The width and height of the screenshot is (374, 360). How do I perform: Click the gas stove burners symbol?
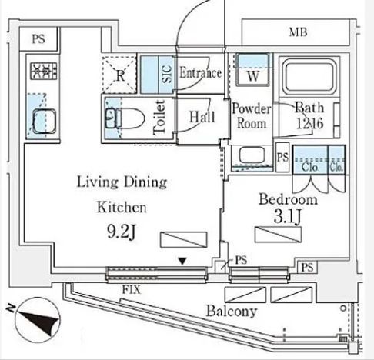coord(44,71)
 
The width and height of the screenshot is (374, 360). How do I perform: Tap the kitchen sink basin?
coord(44,122)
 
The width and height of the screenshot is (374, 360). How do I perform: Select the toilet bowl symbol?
coord(125,118)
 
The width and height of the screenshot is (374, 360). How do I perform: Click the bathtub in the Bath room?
coord(309,76)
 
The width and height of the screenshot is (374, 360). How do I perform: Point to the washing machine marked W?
coord(253,69)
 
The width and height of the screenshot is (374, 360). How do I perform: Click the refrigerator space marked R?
coord(120,75)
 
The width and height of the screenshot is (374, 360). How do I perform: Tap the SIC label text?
coord(167,74)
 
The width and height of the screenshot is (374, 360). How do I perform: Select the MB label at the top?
coord(298,32)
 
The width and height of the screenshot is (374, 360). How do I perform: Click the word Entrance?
coord(200,72)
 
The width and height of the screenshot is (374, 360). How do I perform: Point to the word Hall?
coord(202,117)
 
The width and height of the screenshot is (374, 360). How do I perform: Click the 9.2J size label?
coord(121,232)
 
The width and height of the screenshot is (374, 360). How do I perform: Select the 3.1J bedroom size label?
coord(287,217)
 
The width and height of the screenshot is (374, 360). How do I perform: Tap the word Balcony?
coord(232,312)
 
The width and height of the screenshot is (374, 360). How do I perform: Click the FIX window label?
coord(132,290)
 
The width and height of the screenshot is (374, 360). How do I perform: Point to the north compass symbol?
coord(38,320)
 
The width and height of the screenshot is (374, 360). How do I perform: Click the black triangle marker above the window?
coord(182,262)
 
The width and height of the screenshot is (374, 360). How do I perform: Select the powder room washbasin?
coord(252,155)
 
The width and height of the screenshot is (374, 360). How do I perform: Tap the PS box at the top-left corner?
coord(38,39)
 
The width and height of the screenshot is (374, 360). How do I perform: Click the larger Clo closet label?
coord(309,168)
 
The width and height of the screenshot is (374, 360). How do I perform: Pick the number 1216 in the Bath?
coord(309,123)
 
